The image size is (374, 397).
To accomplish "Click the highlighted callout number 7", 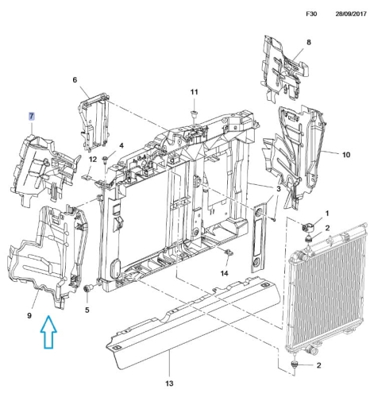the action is [x=32, y=116].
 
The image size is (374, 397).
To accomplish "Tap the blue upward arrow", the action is [x=48, y=332].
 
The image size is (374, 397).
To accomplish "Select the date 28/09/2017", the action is [x=351, y=13].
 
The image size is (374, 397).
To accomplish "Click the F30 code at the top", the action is [x=311, y=13].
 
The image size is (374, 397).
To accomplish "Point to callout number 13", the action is [x=169, y=383].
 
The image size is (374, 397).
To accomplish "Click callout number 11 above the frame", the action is [x=195, y=92].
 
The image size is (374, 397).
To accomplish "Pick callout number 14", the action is [x=224, y=273].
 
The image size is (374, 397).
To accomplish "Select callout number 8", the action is [x=309, y=42].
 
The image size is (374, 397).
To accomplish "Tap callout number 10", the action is [x=346, y=155].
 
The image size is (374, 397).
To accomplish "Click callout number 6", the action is [x=75, y=79].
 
